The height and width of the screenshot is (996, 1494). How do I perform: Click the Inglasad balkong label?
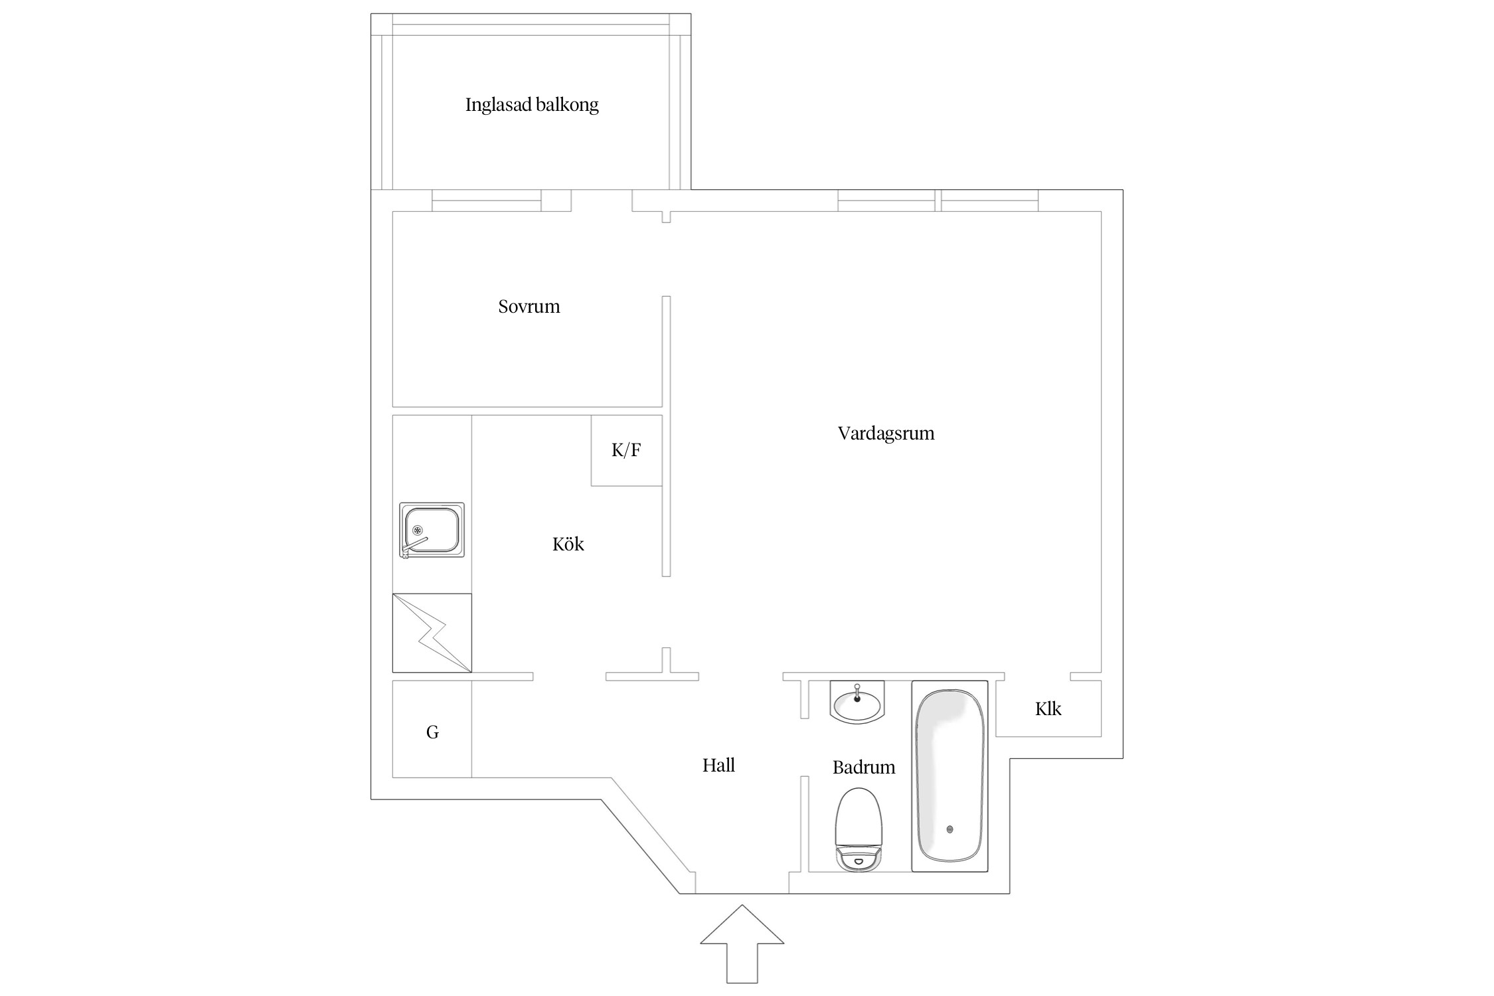click(531, 105)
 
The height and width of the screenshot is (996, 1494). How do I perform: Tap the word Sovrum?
click(529, 307)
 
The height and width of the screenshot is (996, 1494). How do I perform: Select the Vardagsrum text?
click(885, 434)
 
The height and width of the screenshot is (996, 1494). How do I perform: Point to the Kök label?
click(568, 544)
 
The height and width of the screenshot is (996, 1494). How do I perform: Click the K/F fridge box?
click(626, 451)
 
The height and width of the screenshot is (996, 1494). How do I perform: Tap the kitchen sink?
click(432, 530)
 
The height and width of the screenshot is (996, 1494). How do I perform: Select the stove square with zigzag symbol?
click(432, 633)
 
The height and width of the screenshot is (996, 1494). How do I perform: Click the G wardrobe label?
click(432, 732)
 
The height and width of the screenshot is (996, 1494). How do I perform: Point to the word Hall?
click(718, 766)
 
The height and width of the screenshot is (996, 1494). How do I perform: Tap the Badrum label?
click(863, 768)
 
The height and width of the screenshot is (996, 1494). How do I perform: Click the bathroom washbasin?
click(857, 705)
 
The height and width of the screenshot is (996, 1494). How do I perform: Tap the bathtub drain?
click(950, 829)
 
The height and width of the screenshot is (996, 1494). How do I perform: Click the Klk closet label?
click(1048, 709)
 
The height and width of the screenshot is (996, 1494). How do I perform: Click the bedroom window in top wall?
click(486, 201)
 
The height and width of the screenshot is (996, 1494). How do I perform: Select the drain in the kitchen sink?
click(418, 529)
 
